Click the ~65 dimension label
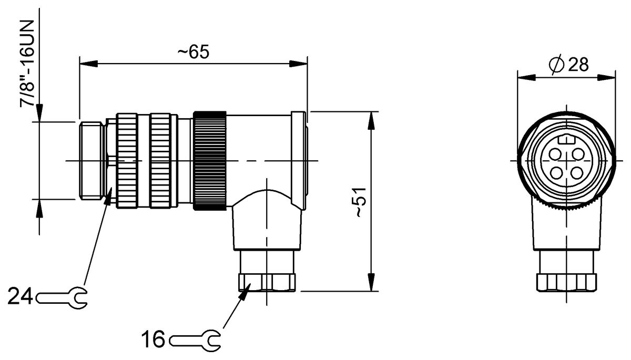click(x=193, y=52)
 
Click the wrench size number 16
click(x=153, y=340)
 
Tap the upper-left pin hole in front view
click(x=555, y=154)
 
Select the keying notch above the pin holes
click(x=566, y=140)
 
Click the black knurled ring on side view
click(x=210, y=160)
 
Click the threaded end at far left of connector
click(x=91, y=160)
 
